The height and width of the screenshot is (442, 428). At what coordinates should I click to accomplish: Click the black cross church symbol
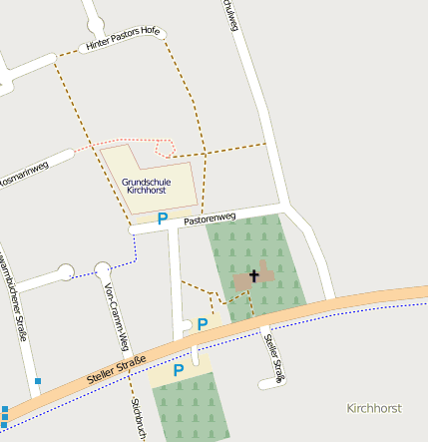coord(253,275)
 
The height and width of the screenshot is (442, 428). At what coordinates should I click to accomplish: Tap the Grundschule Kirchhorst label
coord(147,186)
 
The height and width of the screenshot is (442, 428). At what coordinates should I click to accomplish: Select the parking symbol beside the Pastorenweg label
coord(163,218)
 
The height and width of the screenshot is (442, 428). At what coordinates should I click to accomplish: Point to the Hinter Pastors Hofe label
coord(123,39)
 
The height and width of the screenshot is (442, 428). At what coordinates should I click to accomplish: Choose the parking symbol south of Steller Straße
coord(179,370)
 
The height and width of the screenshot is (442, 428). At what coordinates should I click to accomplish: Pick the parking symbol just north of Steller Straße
coord(203,324)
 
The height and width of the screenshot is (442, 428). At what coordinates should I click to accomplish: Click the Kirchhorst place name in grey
coord(373,409)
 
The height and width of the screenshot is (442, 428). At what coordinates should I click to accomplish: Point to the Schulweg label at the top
coord(231,14)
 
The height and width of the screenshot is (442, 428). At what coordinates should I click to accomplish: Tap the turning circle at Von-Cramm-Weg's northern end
coord(103,269)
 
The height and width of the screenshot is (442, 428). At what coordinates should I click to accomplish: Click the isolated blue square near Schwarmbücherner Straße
coord(38,380)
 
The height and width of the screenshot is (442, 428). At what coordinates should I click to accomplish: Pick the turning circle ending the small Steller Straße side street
coord(265,384)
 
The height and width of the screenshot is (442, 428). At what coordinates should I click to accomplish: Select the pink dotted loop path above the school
coord(165,149)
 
